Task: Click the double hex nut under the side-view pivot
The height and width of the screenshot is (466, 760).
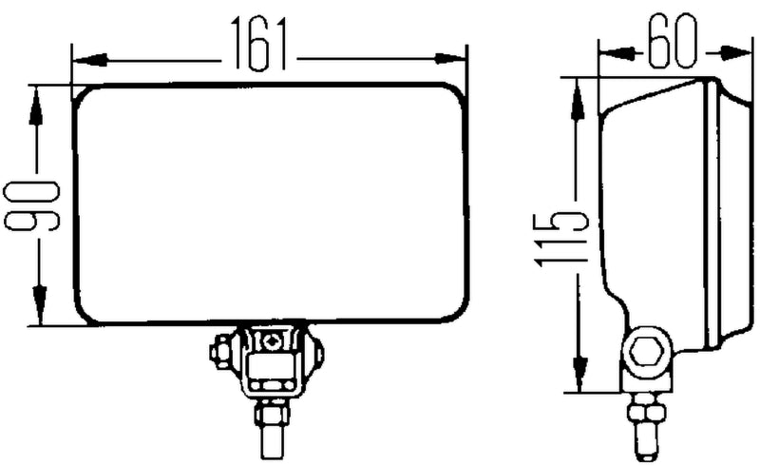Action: (646, 412)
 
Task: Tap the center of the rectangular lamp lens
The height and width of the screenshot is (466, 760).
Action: (272, 204)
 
